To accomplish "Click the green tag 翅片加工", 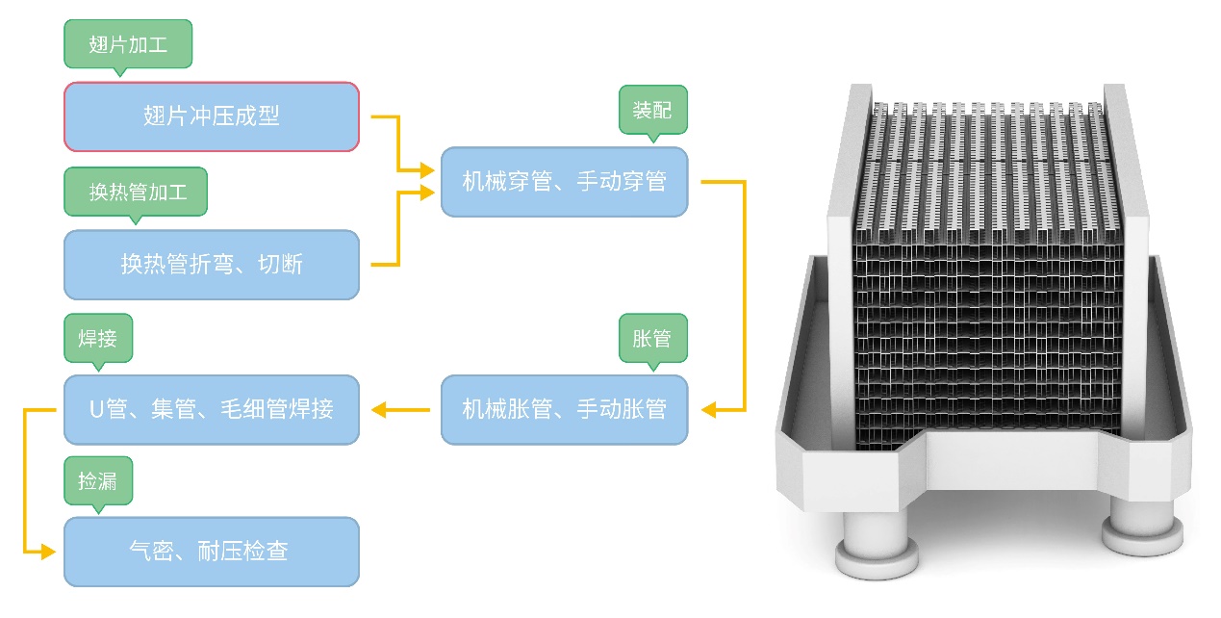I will tap(128, 44).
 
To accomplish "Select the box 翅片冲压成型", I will tap(212, 116).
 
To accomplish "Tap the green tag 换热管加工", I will tap(136, 191).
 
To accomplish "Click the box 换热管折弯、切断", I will tap(212, 265).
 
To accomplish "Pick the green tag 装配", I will tap(652, 109).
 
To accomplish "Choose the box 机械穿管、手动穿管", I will tap(564, 181).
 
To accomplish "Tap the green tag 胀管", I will tap(652, 338).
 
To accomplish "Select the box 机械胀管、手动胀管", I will tap(564, 409).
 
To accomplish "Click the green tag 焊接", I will tap(98, 338).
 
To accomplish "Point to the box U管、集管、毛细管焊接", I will tap(212, 409).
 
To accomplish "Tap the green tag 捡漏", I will tap(98, 479).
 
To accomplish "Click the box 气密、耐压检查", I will tap(212, 552).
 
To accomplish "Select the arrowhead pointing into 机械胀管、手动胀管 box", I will tap(709, 410).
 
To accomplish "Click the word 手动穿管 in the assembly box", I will tap(622, 181).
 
